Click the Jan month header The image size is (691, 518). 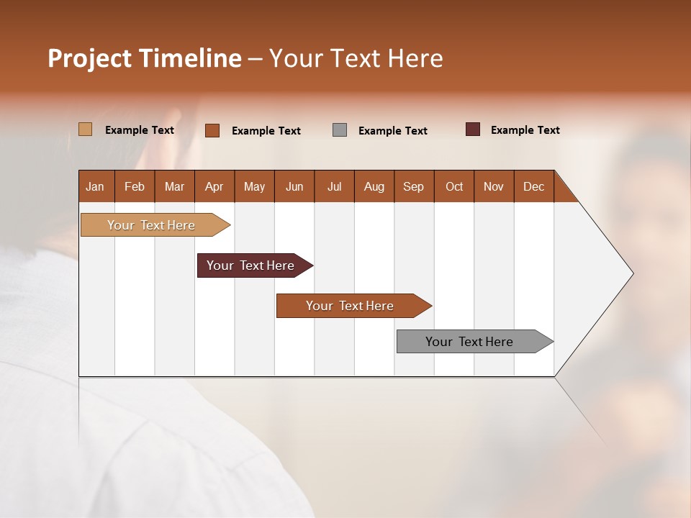tap(96, 186)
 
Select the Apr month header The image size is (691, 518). tap(214, 186)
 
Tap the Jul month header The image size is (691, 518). tap(334, 186)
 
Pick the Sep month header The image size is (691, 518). tap(414, 186)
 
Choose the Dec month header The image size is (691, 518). tap(533, 186)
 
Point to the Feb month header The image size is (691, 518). tap(135, 186)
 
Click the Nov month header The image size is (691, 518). tap(494, 186)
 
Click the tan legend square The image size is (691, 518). tap(85, 129)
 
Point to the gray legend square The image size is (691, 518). tap(340, 130)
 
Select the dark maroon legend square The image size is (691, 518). tap(473, 129)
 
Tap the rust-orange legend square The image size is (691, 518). tap(212, 130)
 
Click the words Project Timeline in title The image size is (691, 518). tap(144, 58)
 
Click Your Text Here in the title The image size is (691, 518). tap(356, 58)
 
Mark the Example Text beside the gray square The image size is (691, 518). tap(393, 131)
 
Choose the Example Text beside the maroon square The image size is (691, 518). tap(525, 130)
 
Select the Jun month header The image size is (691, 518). tap(294, 186)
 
